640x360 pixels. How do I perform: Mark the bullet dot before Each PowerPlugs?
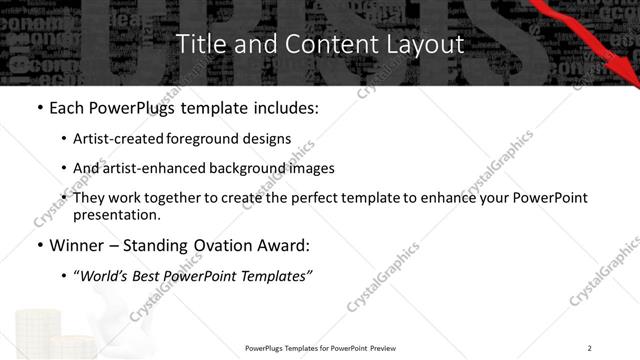pyautogui.click(x=38, y=108)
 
